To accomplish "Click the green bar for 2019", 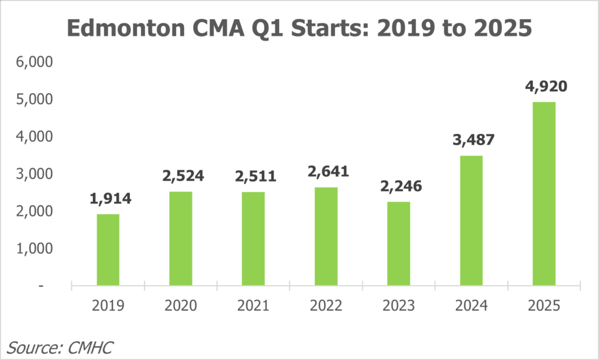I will coord(108,250).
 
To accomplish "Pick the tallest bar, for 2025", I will coord(544,194).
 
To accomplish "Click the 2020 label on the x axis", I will coord(181,306).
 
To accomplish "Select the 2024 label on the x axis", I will coord(471,306).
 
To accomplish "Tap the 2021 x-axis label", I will coord(253,306).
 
